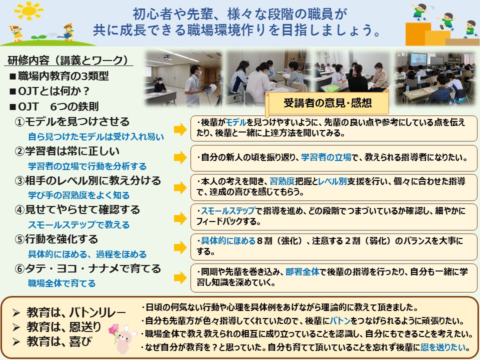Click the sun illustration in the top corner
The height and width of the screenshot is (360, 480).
click(29, 10)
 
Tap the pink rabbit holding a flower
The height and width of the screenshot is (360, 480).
click(123, 338)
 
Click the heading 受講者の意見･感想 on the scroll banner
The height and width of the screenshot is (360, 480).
click(327, 103)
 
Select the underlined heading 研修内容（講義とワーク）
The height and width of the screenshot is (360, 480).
click(67, 60)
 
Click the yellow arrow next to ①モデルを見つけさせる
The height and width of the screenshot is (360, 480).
click(180, 129)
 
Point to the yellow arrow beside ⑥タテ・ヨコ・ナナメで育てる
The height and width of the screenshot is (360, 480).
click(180, 277)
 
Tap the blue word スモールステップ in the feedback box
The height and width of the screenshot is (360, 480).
click(228, 210)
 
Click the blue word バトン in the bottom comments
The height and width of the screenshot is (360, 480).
click(340, 320)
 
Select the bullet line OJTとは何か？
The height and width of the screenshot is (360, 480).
click(49, 91)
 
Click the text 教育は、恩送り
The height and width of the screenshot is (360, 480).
click(63, 327)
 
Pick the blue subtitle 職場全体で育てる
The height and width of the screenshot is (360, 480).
click(62, 283)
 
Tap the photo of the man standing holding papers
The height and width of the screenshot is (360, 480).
click(183, 78)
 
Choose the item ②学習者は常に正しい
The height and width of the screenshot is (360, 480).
click(67, 151)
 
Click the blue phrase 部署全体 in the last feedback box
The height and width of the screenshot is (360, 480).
click(302, 271)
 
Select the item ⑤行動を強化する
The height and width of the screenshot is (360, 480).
click(56, 239)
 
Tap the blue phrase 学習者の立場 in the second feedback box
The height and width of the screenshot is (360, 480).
click(326, 157)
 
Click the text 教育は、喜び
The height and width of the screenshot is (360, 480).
click(59, 341)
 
